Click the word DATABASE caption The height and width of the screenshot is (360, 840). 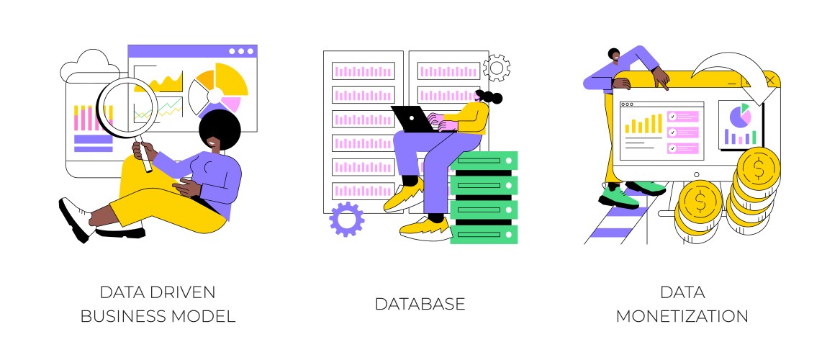point(420,304)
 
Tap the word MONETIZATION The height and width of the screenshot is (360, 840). point(682,316)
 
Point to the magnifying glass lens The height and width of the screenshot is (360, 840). point(127,107)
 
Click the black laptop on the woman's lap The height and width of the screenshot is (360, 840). point(414,119)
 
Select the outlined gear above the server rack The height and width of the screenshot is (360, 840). point(496,67)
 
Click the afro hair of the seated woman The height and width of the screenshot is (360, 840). point(219,130)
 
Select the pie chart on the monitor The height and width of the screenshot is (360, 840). point(741,115)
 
